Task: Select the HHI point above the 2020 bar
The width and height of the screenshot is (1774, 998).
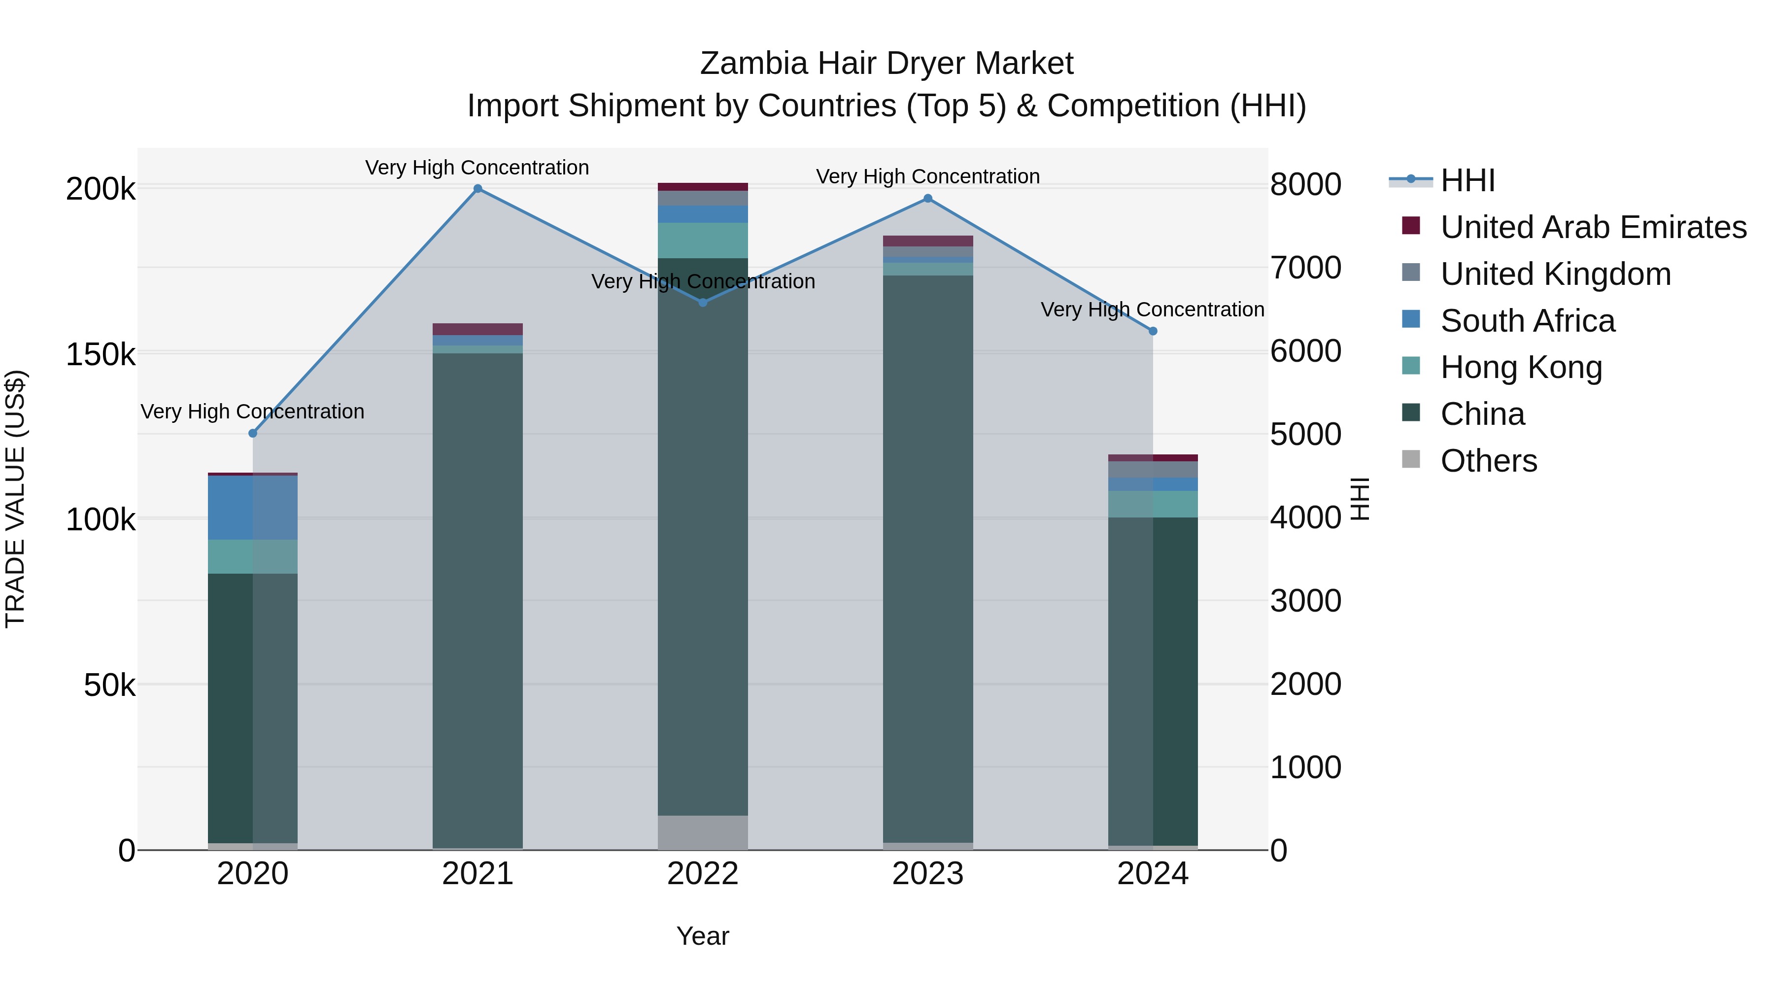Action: [x=253, y=433]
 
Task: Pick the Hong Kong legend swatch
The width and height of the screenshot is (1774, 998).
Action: [x=1411, y=366]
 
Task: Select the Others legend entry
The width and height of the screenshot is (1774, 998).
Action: [x=1488, y=461]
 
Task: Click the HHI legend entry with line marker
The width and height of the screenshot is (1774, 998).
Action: [x=1467, y=180]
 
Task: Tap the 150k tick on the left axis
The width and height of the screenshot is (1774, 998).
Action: [x=101, y=355]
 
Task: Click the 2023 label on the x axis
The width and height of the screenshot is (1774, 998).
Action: [x=927, y=874]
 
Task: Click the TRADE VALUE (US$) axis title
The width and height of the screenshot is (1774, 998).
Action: [x=15, y=499]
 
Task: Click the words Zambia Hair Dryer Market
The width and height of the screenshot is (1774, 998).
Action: [x=887, y=64]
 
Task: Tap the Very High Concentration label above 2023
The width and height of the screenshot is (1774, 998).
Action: [x=927, y=177]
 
